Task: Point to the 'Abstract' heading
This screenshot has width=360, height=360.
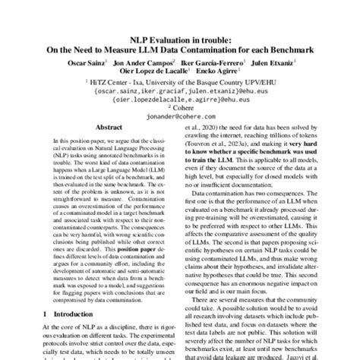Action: point(98,131)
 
